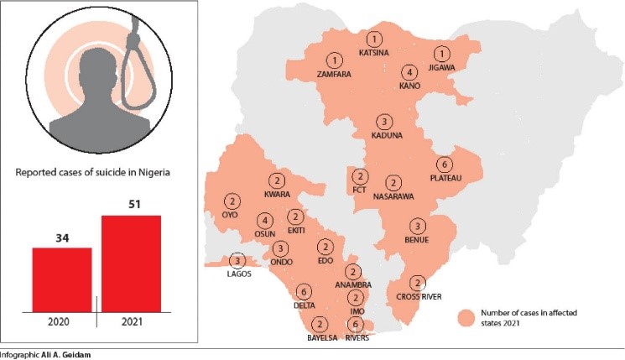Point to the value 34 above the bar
(61, 237)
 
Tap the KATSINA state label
(374, 53)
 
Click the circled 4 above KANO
(409, 73)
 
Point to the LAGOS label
(238, 274)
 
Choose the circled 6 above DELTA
(302, 291)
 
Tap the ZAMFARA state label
(334, 74)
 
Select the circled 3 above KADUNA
(384, 122)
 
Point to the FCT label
(360, 190)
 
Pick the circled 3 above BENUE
(418, 227)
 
